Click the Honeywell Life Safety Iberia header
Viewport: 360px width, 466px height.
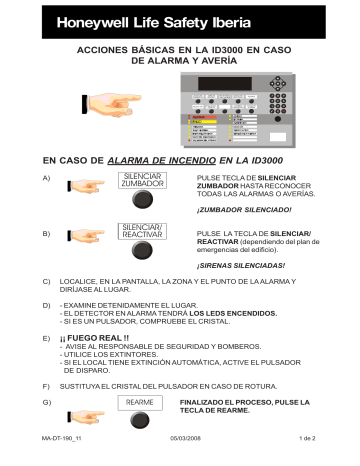(x=161, y=20)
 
